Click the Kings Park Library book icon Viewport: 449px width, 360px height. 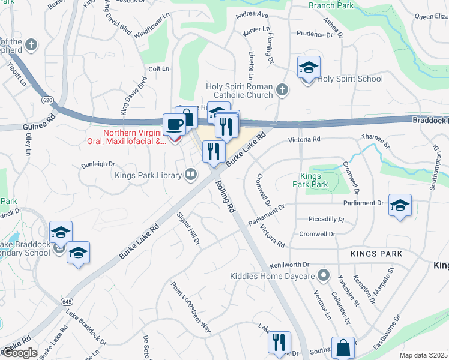(191, 175)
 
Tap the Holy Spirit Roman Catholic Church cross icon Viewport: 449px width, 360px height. (282, 90)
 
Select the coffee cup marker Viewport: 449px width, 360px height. (174, 124)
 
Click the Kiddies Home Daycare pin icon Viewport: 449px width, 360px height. (324, 275)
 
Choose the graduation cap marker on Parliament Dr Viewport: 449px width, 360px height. (400, 205)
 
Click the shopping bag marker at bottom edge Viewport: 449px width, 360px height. (343, 348)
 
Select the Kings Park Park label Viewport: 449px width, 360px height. (314, 181)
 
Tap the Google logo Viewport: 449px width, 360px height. (19, 353)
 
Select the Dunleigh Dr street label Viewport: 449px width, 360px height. (98, 164)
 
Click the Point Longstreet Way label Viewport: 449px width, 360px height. (191, 307)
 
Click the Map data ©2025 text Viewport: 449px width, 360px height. (423, 355)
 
